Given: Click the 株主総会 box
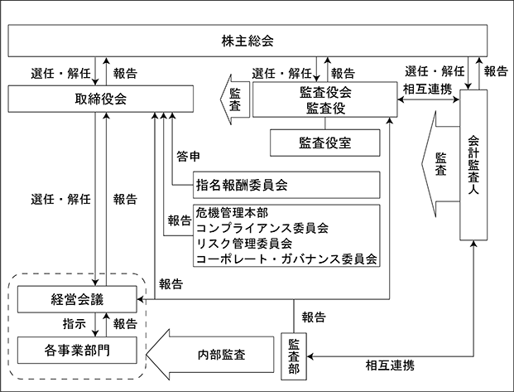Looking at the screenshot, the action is coord(247,41).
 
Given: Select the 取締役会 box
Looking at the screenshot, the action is coord(101,99).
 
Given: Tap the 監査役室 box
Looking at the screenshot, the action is coord(324,143).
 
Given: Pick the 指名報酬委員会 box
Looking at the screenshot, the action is coord(286,185).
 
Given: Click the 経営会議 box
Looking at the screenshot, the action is coord(77,299).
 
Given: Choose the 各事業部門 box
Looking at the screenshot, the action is coord(77,351).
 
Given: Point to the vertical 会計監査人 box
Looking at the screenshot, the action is coord(473,165).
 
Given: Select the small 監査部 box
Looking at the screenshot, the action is coord(294,356).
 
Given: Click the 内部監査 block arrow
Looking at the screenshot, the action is coord(209,355).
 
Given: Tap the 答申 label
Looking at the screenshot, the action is coord(188,157).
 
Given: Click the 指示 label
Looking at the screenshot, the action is coord(74,324).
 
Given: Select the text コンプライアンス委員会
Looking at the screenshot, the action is coord(262,228).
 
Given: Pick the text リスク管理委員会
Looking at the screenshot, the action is coord(244,244).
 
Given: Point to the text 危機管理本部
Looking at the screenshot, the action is coord(232,213).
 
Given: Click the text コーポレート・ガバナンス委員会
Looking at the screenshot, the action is coord(286,259).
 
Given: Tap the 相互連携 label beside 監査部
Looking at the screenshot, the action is coord(390,365).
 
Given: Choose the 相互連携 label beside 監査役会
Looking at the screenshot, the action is coord(427,89).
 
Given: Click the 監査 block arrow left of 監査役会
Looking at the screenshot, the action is coord(235,99).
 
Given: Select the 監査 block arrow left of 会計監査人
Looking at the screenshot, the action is coord(440,164).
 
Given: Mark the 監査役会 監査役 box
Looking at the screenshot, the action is coord(324,99).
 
